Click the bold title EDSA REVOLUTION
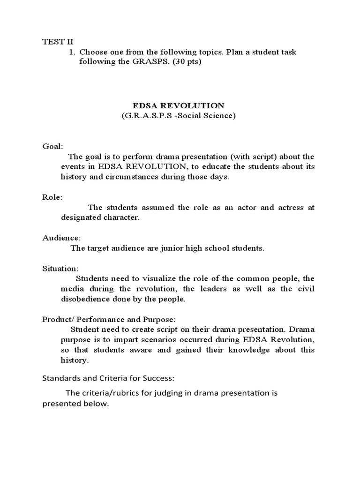180,106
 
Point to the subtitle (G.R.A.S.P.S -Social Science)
180,116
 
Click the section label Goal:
52,146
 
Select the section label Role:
52,197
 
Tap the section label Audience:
61,238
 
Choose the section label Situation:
61,269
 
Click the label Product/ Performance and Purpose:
109,320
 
